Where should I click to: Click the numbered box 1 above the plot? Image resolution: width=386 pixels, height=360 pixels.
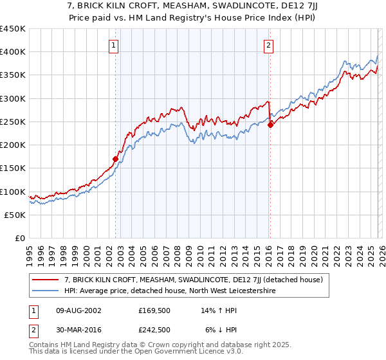[113, 45]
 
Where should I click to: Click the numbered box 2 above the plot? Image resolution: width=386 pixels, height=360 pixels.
[268, 45]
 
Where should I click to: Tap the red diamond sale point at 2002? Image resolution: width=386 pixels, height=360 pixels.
[116, 159]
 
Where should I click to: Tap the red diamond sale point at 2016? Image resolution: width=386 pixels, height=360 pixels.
[271, 125]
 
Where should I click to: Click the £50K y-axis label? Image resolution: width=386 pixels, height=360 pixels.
[15, 215]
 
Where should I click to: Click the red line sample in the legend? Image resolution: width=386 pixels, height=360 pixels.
[46, 280]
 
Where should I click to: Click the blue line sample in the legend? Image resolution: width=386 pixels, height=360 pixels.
[46, 291]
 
